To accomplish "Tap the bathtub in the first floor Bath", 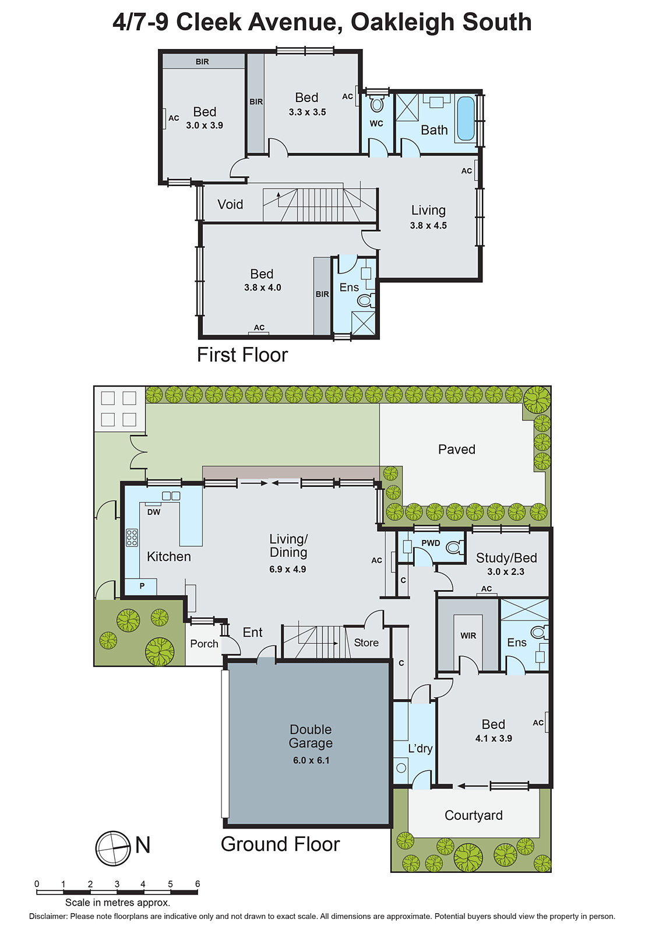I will [466, 118].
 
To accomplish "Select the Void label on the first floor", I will [230, 205].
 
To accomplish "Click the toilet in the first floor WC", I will [377, 104].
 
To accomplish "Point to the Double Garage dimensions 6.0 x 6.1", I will [311, 760].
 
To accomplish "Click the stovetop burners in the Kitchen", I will [132, 537].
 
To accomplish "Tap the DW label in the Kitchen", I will [154, 512].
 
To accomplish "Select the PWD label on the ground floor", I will [431, 543].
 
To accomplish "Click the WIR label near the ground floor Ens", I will [468, 636].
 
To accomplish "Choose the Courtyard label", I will [473, 815].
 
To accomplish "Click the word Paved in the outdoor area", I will [457, 450].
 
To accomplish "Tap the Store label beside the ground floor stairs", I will [366, 643].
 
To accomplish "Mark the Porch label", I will [204, 644].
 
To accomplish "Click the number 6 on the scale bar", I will [198, 884].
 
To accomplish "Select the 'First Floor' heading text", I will [242, 355].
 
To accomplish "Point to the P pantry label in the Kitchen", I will [142, 585].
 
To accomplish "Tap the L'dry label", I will [420, 748].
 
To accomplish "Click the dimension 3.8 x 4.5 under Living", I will [428, 226].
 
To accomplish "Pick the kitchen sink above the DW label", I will [171, 496].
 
